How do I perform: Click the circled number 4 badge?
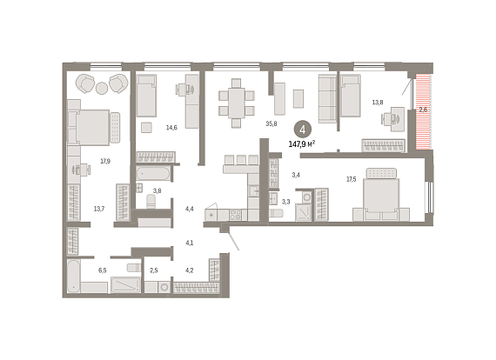click(x=303, y=130)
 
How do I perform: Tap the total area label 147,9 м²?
click(x=302, y=144)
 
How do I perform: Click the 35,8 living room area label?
click(x=271, y=123)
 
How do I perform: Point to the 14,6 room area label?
click(x=171, y=128)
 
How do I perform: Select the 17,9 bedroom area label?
click(x=105, y=161)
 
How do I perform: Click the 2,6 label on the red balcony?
click(x=423, y=110)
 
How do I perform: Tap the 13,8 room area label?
click(x=378, y=102)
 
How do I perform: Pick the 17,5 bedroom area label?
click(x=352, y=179)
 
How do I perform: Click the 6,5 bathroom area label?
click(x=102, y=270)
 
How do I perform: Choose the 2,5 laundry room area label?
click(x=154, y=270)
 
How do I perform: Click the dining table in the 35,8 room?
click(x=237, y=103)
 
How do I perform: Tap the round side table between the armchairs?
click(x=102, y=88)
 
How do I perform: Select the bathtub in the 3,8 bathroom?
click(x=153, y=174)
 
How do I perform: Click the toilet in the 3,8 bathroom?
click(x=151, y=202)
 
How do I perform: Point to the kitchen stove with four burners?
click(x=235, y=215)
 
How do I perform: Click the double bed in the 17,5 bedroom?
click(x=381, y=195)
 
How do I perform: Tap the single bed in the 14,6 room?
click(x=146, y=96)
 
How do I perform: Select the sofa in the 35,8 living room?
click(x=327, y=98)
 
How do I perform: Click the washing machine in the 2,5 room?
click(x=164, y=287)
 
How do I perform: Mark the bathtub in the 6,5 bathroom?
click(x=74, y=277)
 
